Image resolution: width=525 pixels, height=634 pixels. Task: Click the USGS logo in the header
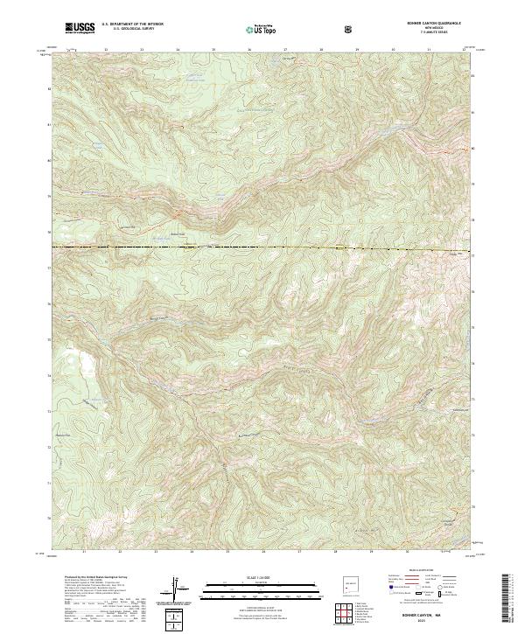click(x=80, y=29)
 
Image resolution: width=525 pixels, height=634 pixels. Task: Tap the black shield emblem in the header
click(x=350, y=29)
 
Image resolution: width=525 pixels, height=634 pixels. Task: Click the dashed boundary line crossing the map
click(x=262, y=248)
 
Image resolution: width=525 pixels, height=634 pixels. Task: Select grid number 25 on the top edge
click(x=214, y=51)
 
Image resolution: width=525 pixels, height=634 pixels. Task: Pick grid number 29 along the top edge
click(x=358, y=51)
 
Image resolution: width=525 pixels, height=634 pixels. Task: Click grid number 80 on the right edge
click(x=473, y=149)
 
